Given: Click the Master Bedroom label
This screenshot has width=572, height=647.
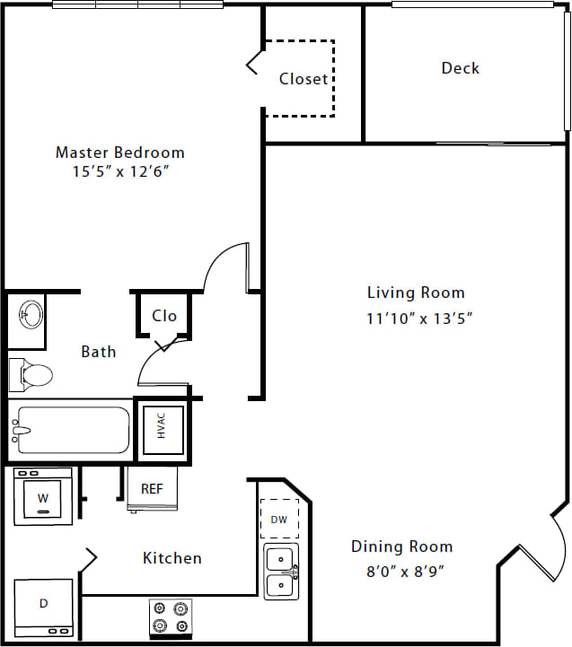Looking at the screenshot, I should click(x=120, y=153).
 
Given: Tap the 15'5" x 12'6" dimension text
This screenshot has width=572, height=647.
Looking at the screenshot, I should click(x=120, y=171).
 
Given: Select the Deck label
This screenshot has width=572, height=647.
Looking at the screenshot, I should click(x=460, y=68).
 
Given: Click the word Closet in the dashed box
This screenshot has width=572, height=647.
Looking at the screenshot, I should click(x=304, y=79).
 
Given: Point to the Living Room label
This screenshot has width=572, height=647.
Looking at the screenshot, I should click(x=416, y=293).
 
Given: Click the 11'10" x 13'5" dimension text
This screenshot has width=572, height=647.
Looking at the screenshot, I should click(x=419, y=317).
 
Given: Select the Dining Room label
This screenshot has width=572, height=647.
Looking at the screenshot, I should click(x=401, y=546).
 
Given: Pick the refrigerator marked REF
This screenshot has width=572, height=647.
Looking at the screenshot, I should click(x=152, y=490).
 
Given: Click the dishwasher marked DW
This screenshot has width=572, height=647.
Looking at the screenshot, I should click(x=280, y=519).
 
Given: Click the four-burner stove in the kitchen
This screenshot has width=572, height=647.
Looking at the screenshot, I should click(x=171, y=616).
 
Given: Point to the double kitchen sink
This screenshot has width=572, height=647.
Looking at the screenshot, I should click(x=281, y=572).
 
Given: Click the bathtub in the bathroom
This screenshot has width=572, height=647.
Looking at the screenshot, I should click(x=70, y=429).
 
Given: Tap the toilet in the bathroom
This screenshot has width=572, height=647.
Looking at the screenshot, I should click(x=31, y=373).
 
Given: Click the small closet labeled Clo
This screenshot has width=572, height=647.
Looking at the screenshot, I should click(x=164, y=316).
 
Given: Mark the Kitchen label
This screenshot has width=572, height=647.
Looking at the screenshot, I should click(x=172, y=558).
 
